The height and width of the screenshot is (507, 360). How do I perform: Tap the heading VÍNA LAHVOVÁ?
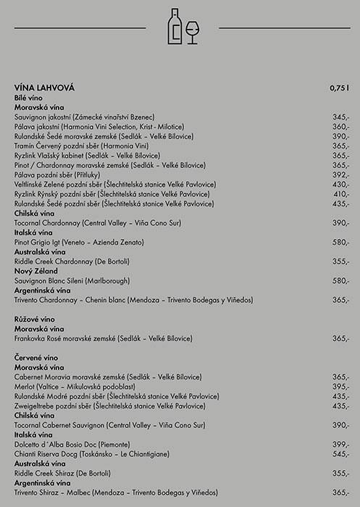point(44,88)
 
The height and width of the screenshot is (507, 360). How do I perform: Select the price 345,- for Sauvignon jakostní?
point(341,117)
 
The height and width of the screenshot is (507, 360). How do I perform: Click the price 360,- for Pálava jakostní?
point(341,126)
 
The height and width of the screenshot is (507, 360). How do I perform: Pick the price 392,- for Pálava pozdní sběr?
point(341,175)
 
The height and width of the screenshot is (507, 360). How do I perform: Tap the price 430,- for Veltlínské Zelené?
point(341,185)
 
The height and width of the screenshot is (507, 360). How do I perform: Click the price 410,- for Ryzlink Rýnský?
point(341,194)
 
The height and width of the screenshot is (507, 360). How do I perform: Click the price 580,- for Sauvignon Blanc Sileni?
point(341,280)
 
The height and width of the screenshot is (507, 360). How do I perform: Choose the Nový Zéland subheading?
point(35,270)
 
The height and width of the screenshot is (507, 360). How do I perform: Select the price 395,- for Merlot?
point(341,387)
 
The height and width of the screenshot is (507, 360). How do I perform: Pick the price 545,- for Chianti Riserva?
point(341,454)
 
